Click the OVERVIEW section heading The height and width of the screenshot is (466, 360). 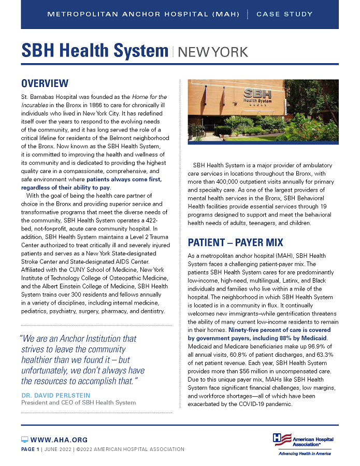pyautogui.click(x=45, y=83)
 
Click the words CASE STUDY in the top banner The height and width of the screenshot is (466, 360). pyautogui.click(x=284, y=14)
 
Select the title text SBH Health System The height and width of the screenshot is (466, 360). pyautogui.click(x=95, y=51)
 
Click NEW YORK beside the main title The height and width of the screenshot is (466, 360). pyautogui.click(x=212, y=52)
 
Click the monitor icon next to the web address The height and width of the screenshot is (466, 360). pyautogui.click(x=24, y=440)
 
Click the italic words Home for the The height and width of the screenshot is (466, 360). pyautogui.click(x=148, y=97)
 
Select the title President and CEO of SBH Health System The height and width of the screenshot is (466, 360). pyautogui.click(x=79, y=402)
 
